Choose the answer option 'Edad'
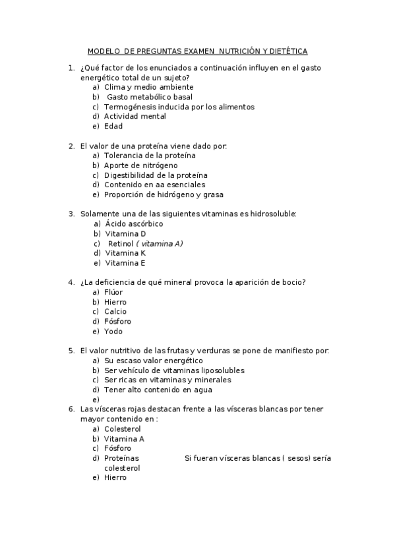pyautogui.click(x=113, y=127)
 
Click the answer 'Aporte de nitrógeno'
pyautogui.click(x=140, y=165)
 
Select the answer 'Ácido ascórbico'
pyautogui.click(x=134, y=224)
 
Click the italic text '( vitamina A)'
pyautogui.click(x=160, y=243)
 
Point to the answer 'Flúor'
pyautogui.click(x=114, y=292)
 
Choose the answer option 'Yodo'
pyautogui.click(x=113, y=332)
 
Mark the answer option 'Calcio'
pyautogui.click(x=115, y=312)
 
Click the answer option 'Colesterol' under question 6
pyautogui.click(x=123, y=429)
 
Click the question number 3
pyautogui.click(x=71, y=214)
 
